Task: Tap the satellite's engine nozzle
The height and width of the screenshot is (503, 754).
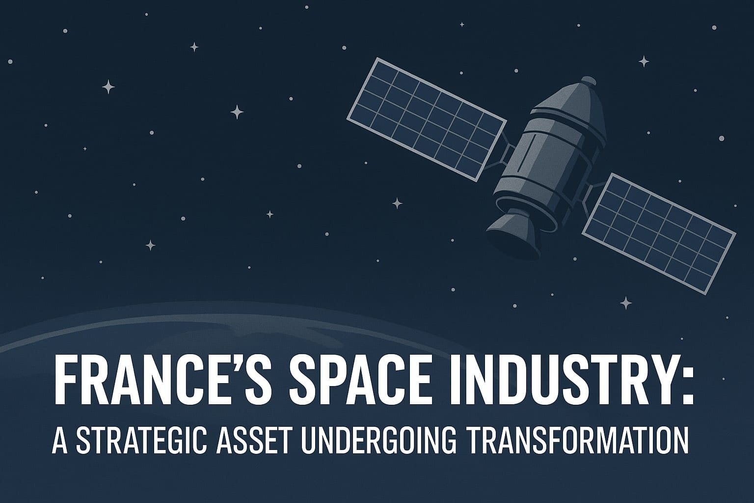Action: click(511, 233)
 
